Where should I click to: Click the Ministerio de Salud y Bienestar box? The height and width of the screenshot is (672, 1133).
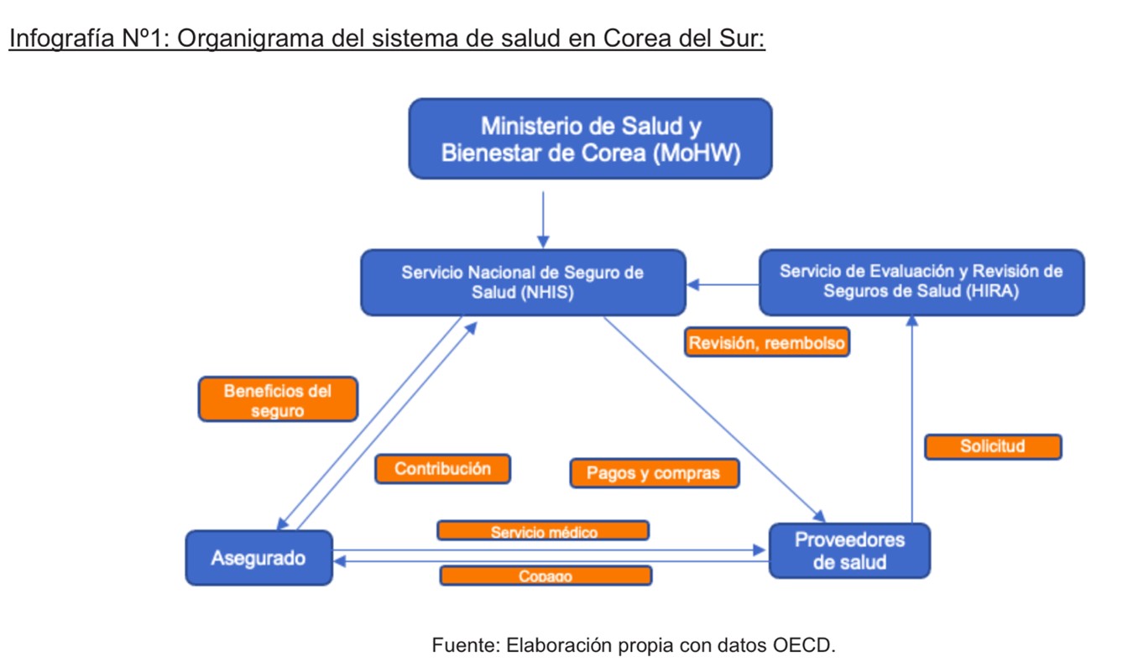(x=590, y=138)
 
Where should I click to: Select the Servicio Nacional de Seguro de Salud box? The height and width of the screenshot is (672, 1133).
(x=522, y=283)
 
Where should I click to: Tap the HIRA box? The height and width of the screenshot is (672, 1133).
(x=921, y=282)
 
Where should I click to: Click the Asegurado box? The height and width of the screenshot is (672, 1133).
(x=258, y=557)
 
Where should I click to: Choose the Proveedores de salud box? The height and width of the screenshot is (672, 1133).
(x=849, y=550)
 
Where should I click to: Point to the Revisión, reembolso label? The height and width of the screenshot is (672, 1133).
(x=767, y=342)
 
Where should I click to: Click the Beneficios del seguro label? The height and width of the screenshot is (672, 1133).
(x=278, y=400)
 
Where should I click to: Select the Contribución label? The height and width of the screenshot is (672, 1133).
(x=442, y=469)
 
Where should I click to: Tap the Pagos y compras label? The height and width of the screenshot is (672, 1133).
(x=654, y=473)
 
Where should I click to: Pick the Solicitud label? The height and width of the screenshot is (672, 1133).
(x=993, y=446)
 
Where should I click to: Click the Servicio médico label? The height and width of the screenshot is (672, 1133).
(x=543, y=531)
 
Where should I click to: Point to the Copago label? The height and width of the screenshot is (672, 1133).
(x=546, y=576)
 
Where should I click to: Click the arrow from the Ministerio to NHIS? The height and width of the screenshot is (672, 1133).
(x=543, y=218)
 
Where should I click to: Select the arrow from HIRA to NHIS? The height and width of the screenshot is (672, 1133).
(x=723, y=285)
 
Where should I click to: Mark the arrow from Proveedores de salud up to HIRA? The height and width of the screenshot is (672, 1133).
(x=911, y=419)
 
